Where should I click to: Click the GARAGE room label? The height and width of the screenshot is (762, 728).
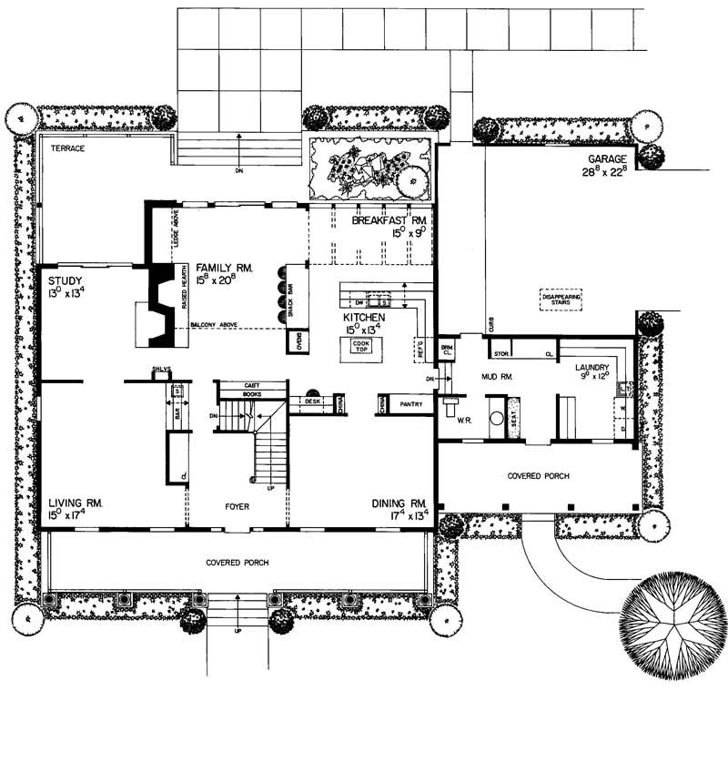click(x=607, y=157)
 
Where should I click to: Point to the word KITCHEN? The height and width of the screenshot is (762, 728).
click(x=364, y=318)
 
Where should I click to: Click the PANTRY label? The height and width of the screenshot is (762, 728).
click(x=410, y=404)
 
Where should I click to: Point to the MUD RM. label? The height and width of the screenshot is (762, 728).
click(x=496, y=374)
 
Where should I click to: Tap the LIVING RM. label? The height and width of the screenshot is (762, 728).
click(x=76, y=503)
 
